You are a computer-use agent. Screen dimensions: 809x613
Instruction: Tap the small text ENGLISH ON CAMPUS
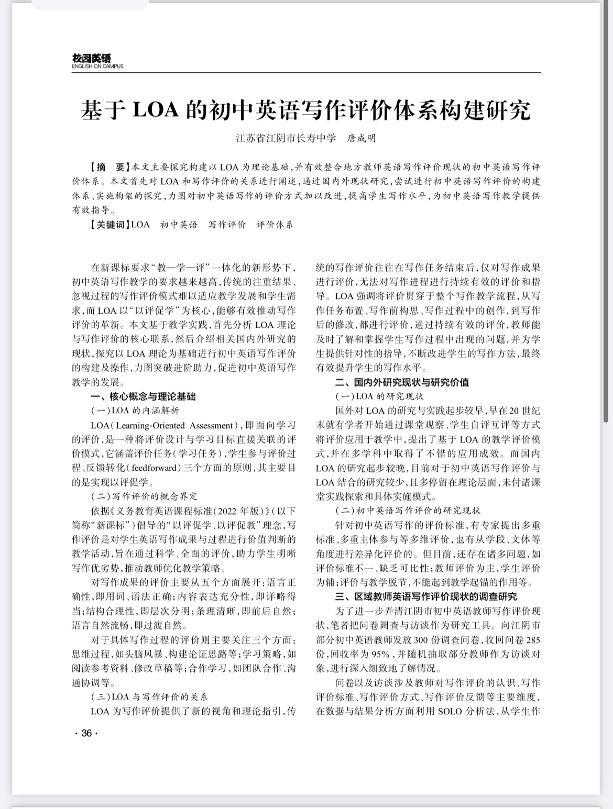click(97, 67)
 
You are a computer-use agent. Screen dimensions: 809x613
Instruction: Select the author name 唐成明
click(362, 139)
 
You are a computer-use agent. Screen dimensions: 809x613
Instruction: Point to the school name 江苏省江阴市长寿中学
click(286, 139)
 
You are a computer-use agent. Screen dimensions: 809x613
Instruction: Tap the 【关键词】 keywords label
click(108, 225)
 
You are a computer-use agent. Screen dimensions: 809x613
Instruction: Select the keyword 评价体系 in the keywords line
click(275, 225)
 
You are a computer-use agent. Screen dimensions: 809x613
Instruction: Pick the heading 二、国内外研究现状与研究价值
click(402, 382)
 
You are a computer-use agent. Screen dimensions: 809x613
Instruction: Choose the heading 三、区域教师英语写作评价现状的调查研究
click(426, 596)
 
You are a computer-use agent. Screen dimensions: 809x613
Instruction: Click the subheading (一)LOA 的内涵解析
click(135, 411)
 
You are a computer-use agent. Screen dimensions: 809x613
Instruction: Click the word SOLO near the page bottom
click(449, 711)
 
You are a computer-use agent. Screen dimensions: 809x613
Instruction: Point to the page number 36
click(86, 733)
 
